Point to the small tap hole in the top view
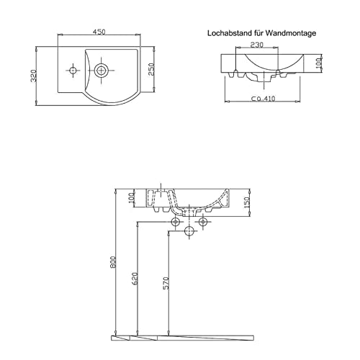(x=73, y=71)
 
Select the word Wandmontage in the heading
(x=291, y=33)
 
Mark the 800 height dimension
(x=113, y=264)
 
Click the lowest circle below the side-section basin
(x=189, y=231)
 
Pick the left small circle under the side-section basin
(x=174, y=222)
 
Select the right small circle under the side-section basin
(x=203, y=222)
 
